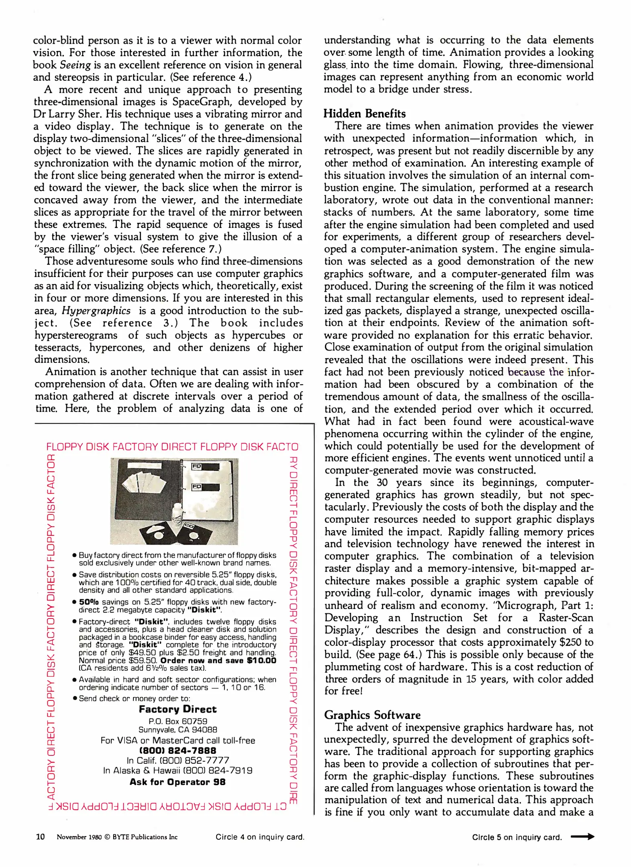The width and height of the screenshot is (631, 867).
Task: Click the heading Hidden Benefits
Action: (x=365, y=114)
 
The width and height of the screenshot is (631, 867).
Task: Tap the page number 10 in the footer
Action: (x=40, y=836)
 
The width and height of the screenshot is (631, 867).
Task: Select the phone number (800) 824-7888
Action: (x=178, y=750)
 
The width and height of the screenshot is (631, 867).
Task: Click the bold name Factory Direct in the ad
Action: (x=178, y=709)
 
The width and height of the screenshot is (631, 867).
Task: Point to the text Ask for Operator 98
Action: (x=178, y=782)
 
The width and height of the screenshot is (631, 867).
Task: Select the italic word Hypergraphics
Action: (x=96, y=311)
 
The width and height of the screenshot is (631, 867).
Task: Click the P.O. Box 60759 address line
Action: (x=178, y=721)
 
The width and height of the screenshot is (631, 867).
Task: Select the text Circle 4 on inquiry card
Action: (x=259, y=837)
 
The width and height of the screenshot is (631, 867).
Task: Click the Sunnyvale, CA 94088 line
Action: (x=178, y=730)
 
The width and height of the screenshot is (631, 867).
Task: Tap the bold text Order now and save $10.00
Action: (x=218, y=661)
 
